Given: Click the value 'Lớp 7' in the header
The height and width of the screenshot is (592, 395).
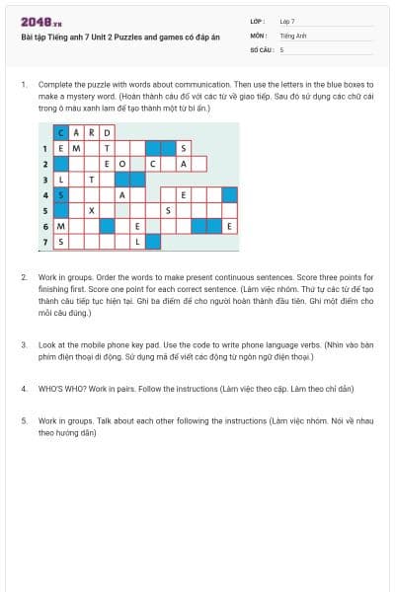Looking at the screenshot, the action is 287,21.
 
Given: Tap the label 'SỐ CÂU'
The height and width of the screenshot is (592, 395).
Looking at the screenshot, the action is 260,48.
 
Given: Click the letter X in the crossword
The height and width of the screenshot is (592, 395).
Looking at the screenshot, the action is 92,210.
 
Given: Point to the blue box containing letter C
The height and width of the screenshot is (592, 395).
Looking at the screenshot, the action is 61,132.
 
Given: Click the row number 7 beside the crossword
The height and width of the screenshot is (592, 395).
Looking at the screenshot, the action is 45,242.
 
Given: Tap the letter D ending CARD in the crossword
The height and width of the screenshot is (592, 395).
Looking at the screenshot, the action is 108,132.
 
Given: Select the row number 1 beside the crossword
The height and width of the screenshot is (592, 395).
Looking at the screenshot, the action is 45,148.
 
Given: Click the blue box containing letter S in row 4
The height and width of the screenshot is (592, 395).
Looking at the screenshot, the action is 61,195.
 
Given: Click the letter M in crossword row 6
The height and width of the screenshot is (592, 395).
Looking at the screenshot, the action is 61,226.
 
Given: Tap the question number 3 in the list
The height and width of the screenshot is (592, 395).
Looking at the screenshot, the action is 24,344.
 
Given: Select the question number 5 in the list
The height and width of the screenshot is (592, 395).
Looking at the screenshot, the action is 24,420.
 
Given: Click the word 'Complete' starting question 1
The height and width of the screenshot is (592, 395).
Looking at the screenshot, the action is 51,85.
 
